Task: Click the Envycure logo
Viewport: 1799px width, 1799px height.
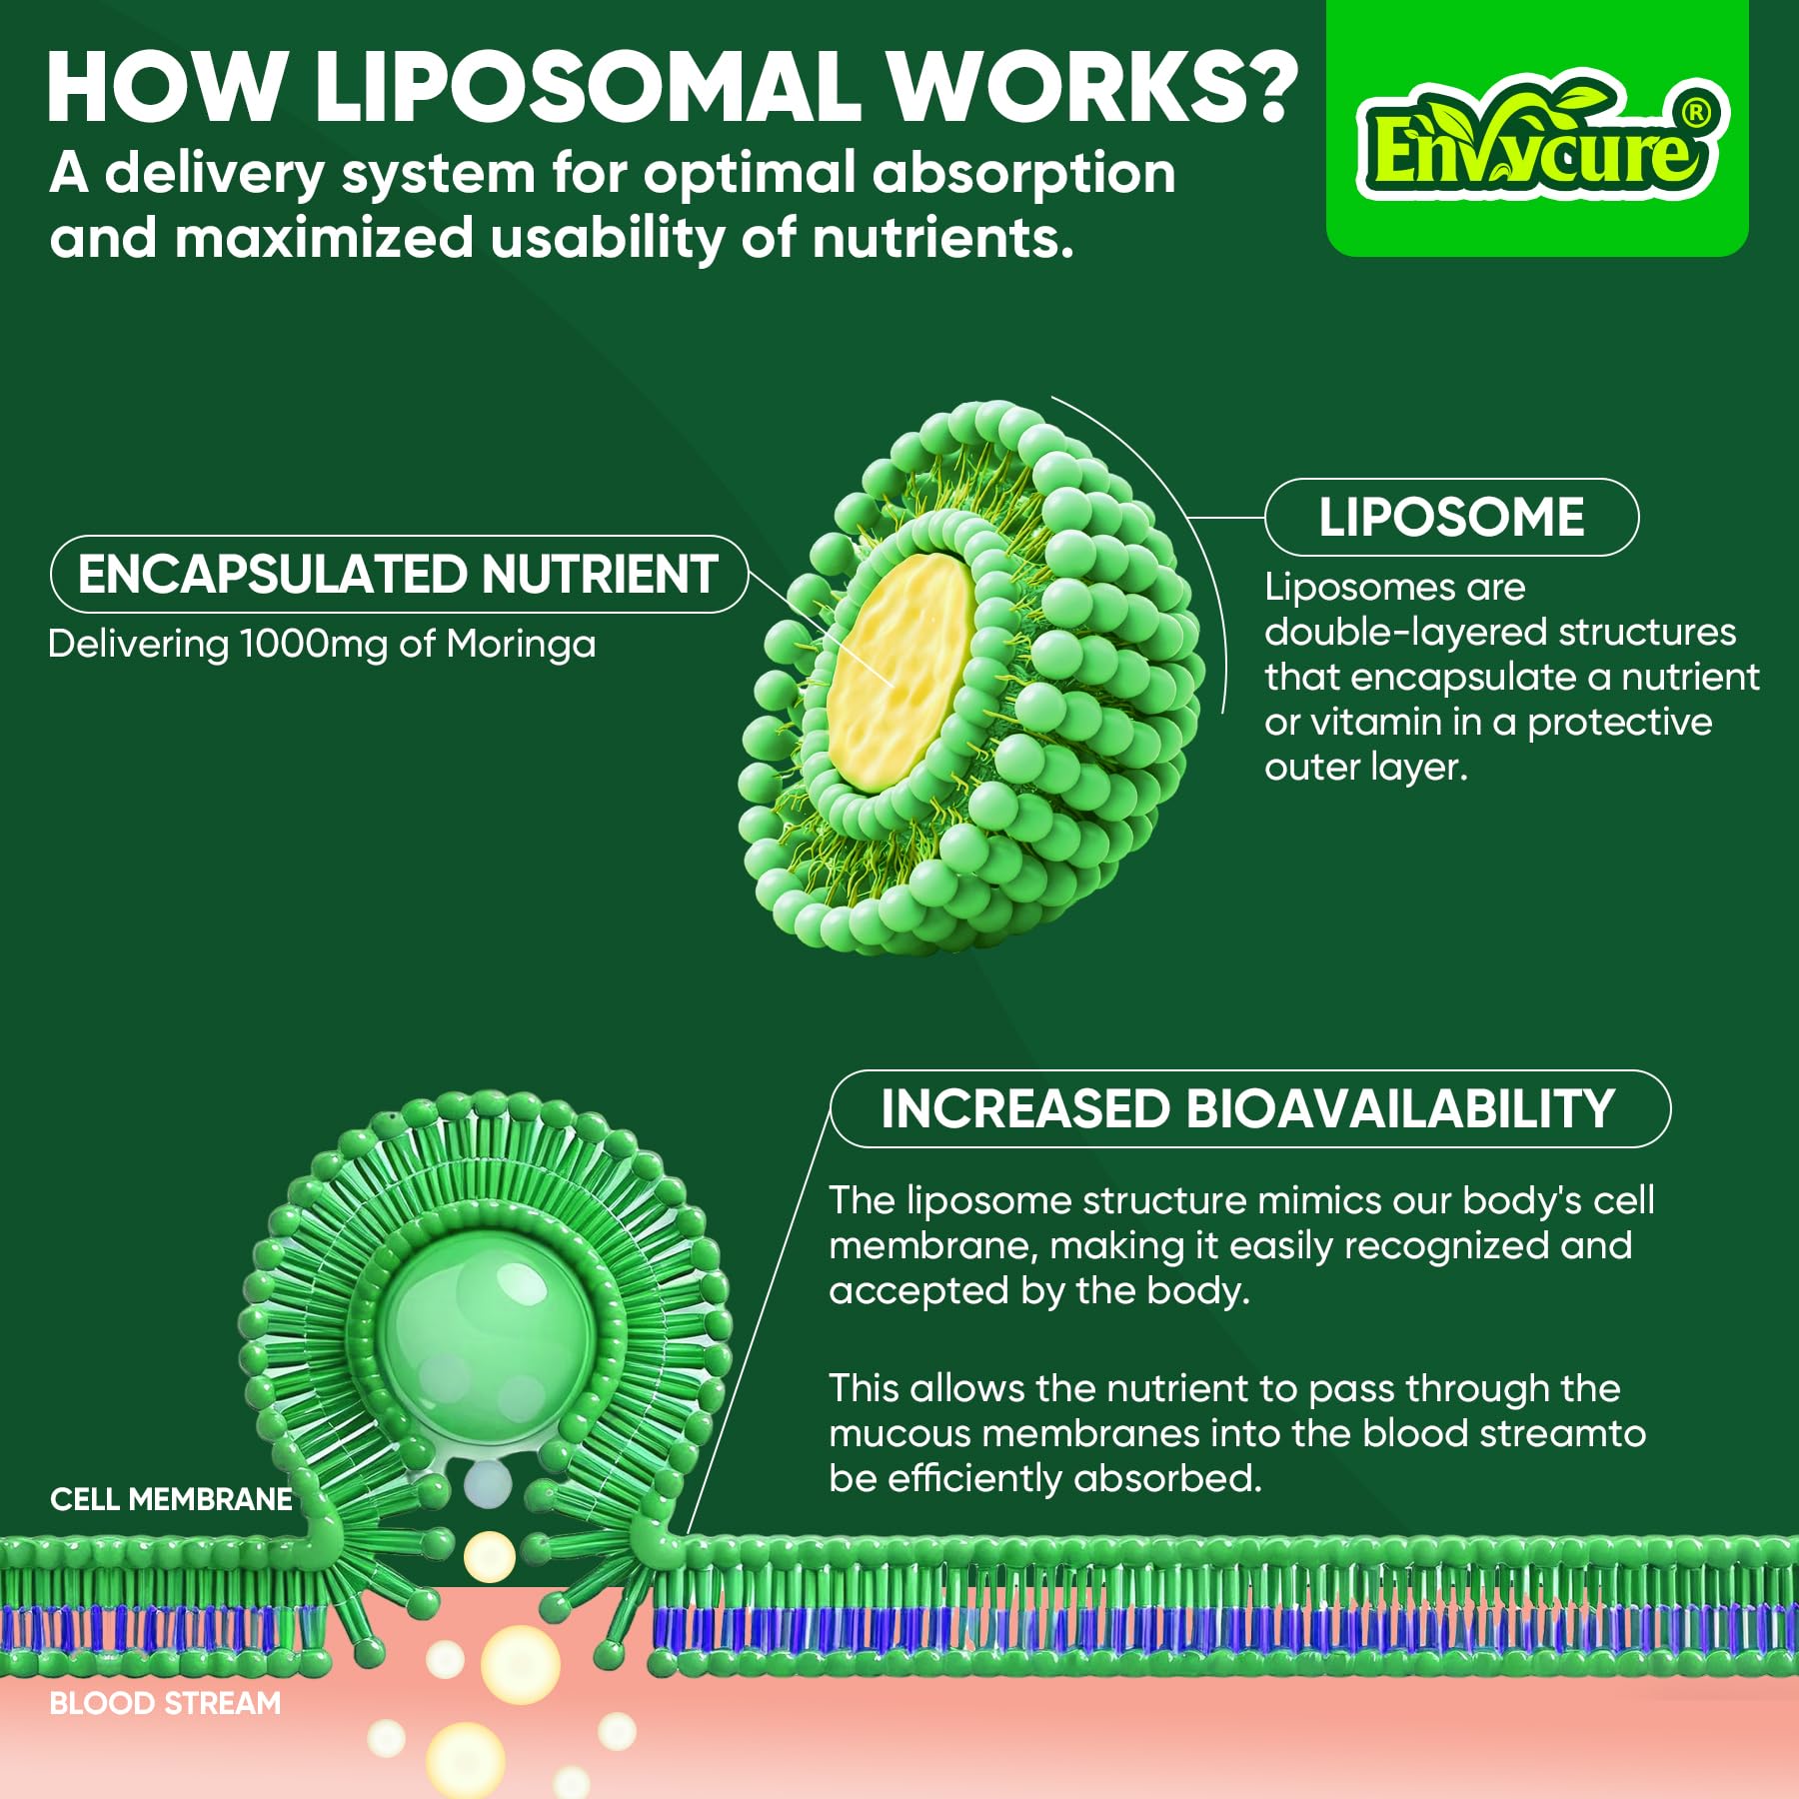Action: [1537, 140]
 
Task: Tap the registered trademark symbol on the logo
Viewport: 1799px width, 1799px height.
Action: [1695, 113]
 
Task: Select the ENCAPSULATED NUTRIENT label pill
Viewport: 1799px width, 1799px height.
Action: [399, 575]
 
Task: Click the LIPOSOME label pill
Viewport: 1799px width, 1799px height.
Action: [1451, 518]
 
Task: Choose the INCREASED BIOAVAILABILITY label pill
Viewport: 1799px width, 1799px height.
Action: [1249, 1109]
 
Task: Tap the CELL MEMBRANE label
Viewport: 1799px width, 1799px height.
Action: [171, 1499]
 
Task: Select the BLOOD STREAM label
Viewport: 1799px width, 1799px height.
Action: [165, 1703]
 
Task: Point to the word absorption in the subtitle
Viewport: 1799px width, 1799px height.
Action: [1023, 174]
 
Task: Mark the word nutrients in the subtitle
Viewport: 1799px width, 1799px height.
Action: [942, 239]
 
